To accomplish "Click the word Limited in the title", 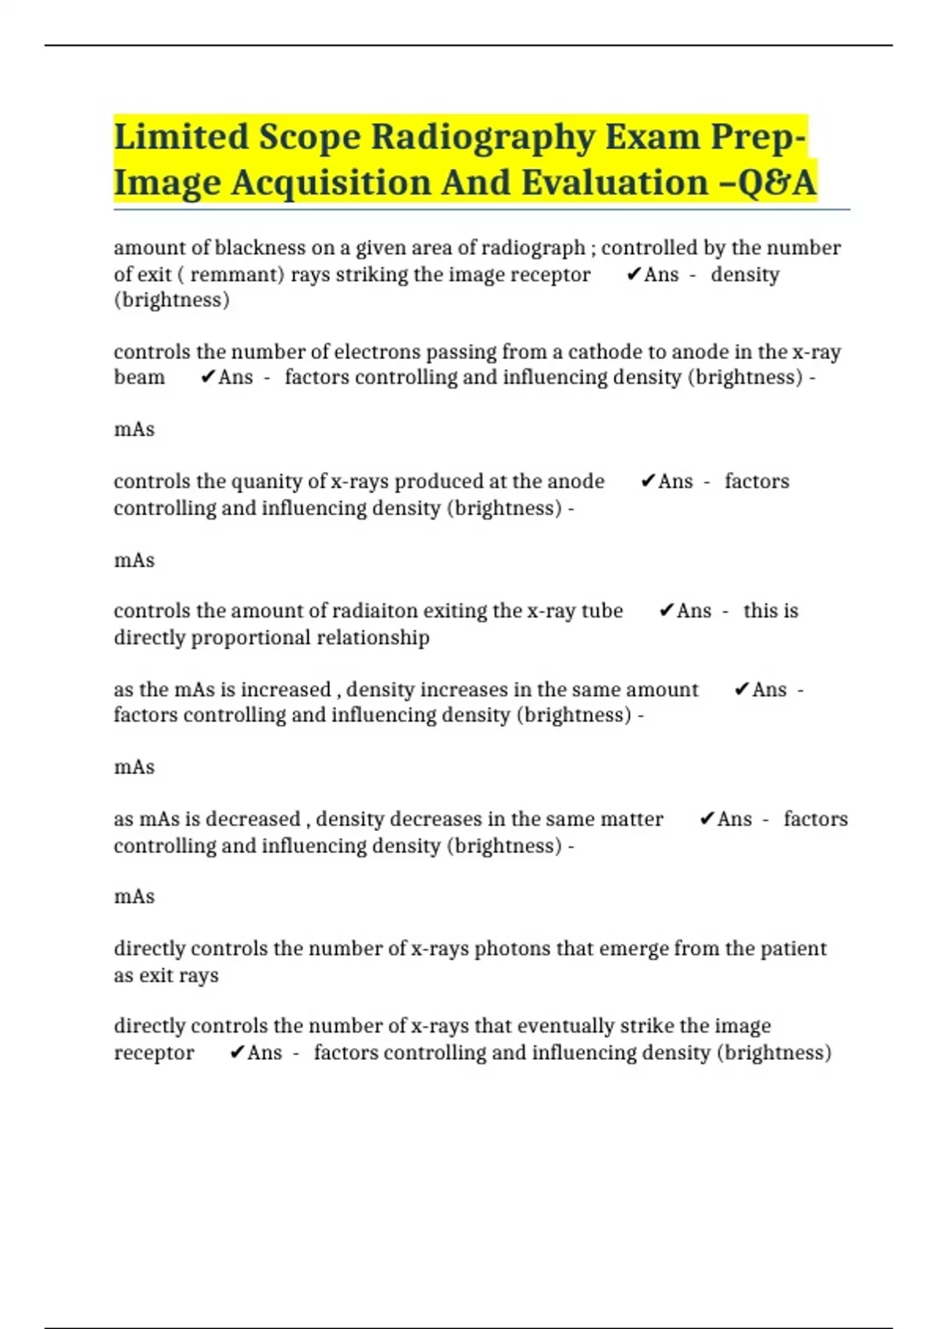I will [181, 137].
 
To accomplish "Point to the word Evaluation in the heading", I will [614, 183].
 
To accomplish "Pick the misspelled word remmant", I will [237, 274].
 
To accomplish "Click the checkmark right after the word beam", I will [207, 378].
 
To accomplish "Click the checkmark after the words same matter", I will [707, 819].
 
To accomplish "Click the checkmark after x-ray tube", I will [666, 611].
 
